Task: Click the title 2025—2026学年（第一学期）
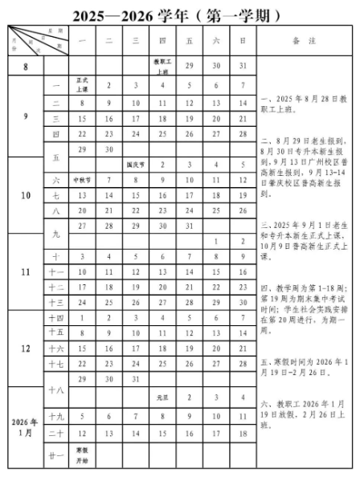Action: [179, 15]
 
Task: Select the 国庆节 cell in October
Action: [136, 164]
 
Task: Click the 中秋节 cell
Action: [82, 180]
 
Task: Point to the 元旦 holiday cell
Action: [162, 398]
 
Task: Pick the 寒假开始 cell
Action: [82, 455]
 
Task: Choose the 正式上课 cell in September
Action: [82, 85]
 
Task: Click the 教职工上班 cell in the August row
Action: [162, 66]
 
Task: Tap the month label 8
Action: [25, 66]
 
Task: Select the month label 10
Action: [25, 195]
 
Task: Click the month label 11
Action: [25, 271]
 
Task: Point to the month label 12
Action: [25, 349]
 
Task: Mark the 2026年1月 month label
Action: [25, 426]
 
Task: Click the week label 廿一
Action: [56, 455]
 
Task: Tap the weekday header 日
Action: [242, 40]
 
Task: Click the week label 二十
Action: [56, 434]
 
